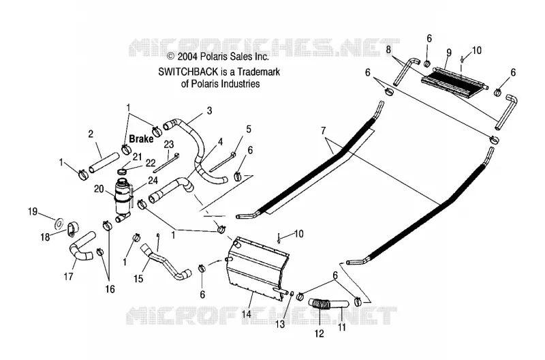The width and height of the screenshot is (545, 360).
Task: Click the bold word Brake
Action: tap(141, 139)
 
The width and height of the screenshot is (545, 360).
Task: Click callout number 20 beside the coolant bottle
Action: tap(99, 189)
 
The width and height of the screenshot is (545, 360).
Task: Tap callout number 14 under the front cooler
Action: tap(246, 314)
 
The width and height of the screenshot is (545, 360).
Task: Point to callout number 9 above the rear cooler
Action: tap(449, 52)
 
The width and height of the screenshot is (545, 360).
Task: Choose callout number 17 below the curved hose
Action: tap(69, 277)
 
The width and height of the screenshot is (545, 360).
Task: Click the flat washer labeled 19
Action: tap(59, 222)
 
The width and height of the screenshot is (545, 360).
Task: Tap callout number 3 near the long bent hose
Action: tap(209, 110)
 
